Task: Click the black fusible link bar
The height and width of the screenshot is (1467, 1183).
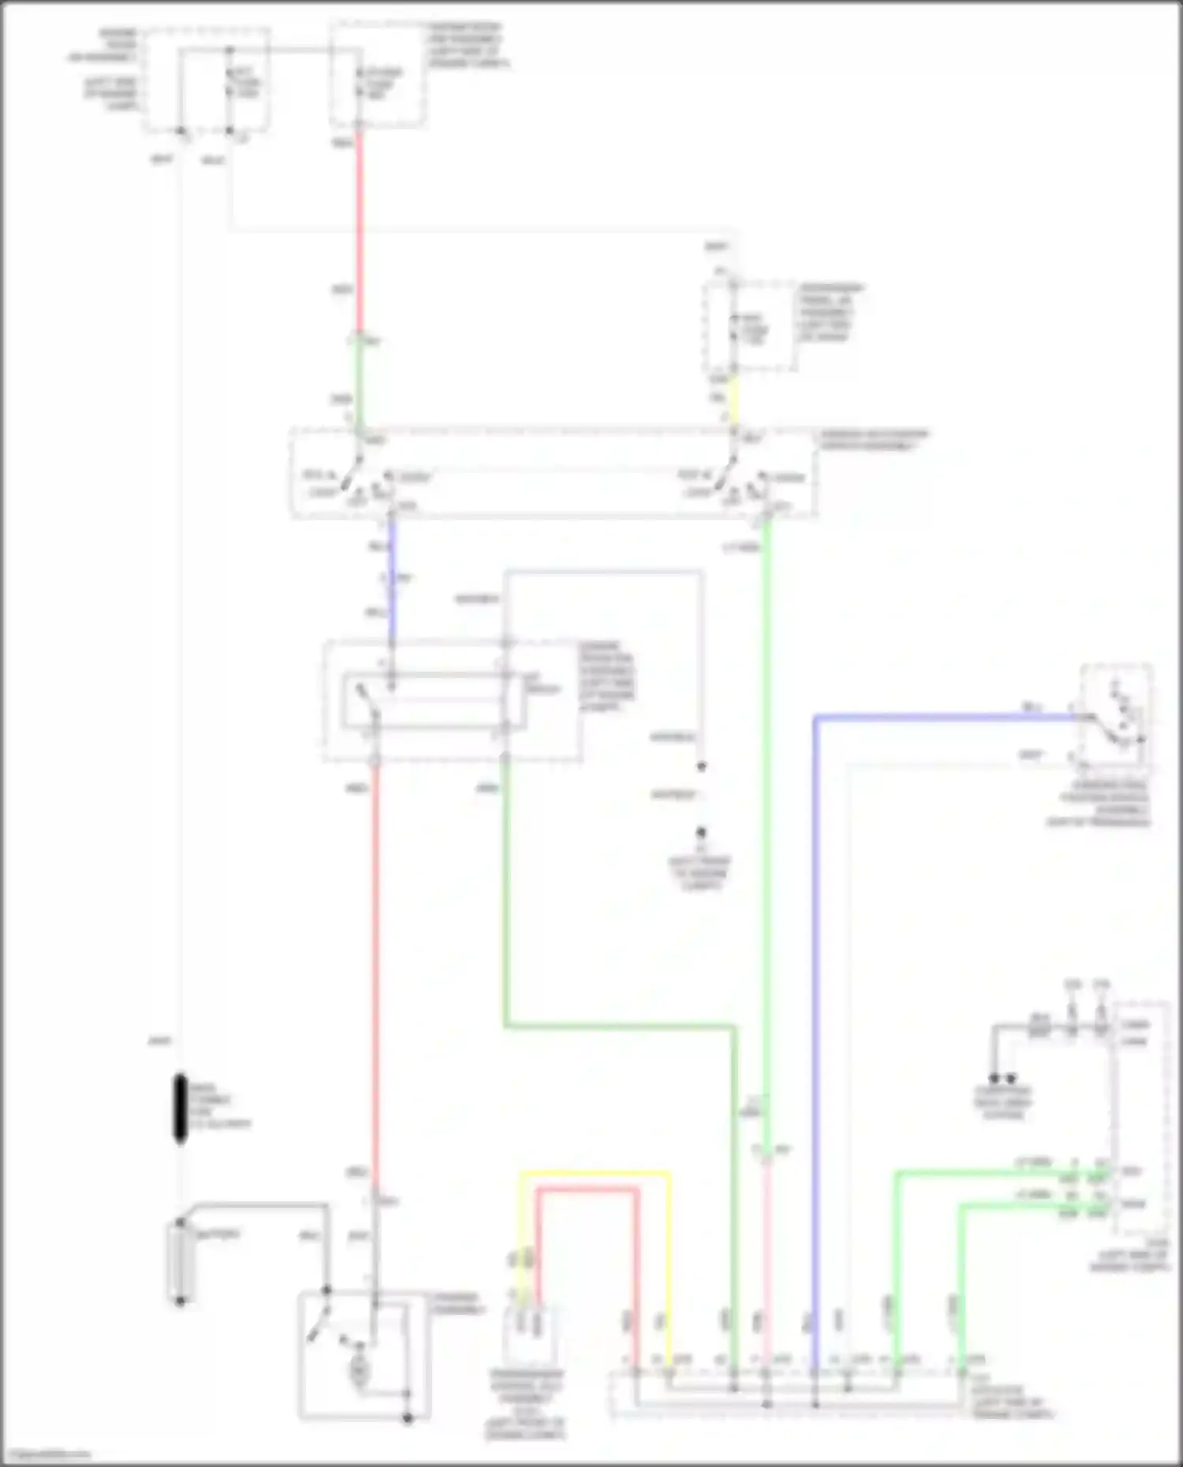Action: [181, 1108]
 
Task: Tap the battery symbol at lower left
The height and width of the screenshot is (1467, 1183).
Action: [180, 1261]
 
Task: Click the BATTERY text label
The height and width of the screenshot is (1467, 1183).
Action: [218, 1234]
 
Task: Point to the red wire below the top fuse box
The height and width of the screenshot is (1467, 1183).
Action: [359, 229]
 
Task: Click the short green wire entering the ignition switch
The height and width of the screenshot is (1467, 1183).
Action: [359, 386]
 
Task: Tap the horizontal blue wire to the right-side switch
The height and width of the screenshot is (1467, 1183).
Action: [946, 717]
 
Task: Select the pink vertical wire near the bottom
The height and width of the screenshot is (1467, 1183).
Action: [766, 1261]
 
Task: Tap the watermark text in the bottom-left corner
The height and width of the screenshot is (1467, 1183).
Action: [46, 1455]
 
